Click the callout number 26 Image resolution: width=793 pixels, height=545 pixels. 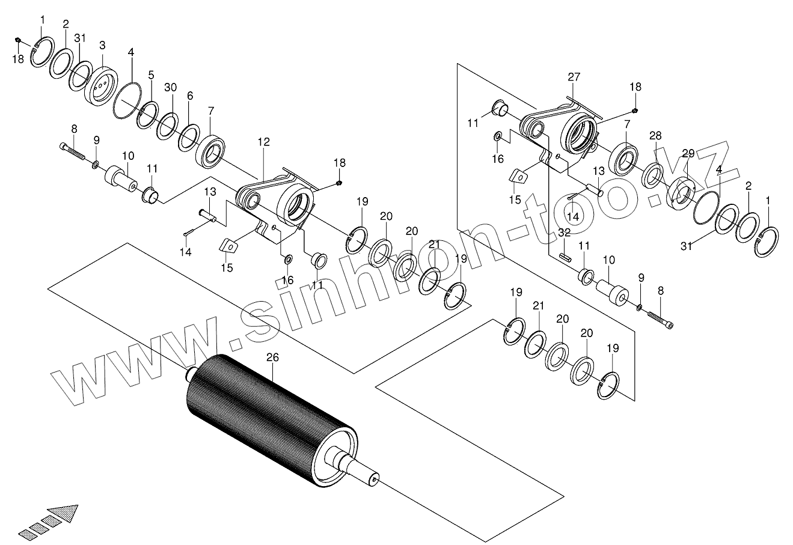point(272,358)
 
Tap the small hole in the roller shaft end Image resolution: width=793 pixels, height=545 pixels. point(376,479)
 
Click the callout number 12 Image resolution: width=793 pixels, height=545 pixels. point(263,142)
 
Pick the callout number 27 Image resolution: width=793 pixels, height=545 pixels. point(574,77)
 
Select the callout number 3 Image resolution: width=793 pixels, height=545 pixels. point(102,46)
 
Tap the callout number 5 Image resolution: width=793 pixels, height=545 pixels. point(151,76)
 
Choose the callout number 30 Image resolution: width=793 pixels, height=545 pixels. point(170,88)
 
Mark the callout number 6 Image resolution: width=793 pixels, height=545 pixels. point(190,96)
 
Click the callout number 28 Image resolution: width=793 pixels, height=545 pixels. point(655,135)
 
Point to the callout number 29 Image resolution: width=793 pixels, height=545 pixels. point(688,153)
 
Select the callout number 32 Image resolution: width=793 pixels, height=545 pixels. point(564,232)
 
